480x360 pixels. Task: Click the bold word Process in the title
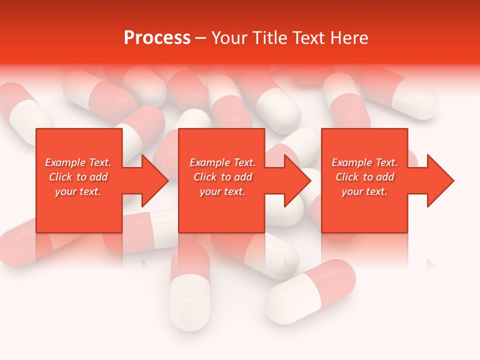pyautogui.click(x=157, y=38)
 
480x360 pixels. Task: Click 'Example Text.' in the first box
pyautogui.click(x=78, y=162)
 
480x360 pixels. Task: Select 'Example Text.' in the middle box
pyautogui.click(x=222, y=162)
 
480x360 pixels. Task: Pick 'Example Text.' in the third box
pyautogui.click(x=364, y=162)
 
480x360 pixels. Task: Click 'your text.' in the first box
pyautogui.click(x=78, y=191)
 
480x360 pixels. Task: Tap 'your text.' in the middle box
pyautogui.click(x=222, y=191)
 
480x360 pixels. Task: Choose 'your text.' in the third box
pyautogui.click(x=364, y=191)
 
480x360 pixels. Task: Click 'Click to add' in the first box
pyautogui.click(x=78, y=177)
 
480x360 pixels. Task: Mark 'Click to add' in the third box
pyautogui.click(x=364, y=177)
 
